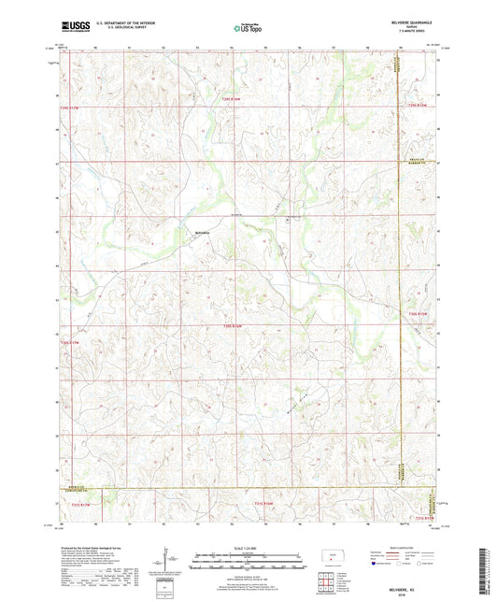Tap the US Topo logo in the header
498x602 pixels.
[248, 29]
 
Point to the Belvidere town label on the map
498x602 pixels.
[202, 233]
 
